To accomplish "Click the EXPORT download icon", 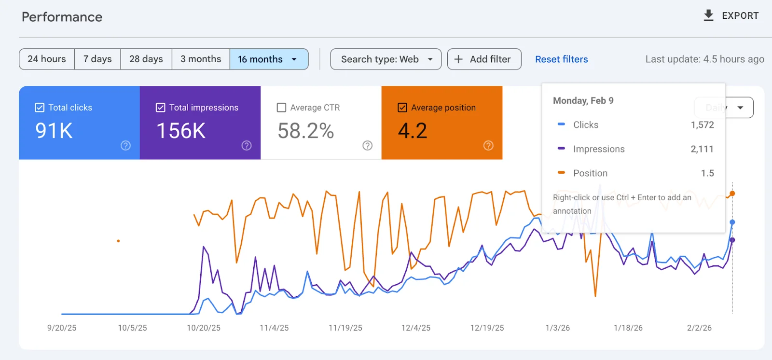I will point(708,15).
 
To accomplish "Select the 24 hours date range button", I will point(47,59).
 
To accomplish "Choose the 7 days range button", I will point(97,59).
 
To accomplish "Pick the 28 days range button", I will point(146,59).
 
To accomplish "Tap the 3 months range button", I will point(201,59).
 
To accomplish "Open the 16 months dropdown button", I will point(269,59).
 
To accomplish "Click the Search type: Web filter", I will point(386,59).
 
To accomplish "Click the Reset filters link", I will point(561,59).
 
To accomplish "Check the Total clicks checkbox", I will point(40,108).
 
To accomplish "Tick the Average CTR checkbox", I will point(281,108).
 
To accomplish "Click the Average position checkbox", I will point(402,108).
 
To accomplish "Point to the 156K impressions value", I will point(181,131).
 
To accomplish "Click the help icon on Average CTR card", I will point(367,145).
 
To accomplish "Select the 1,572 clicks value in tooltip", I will point(702,125).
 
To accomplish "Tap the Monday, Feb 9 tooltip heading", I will point(583,100).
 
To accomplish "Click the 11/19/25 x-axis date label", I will point(345,328).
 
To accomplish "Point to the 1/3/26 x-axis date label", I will point(557,328).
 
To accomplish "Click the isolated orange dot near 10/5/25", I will point(118,241).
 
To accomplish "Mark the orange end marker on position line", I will point(732,194).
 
